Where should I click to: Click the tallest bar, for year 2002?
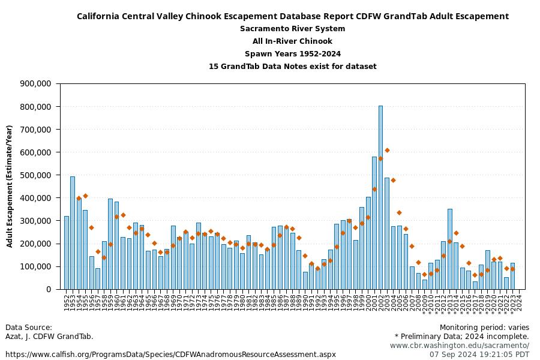pos(380,198)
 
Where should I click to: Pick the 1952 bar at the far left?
pos(67,253)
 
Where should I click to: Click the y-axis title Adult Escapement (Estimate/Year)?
pos(10,186)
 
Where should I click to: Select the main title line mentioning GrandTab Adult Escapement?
pos(292,16)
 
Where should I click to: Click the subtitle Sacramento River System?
pos(292,29)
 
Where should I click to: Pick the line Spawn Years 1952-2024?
pos(292,54)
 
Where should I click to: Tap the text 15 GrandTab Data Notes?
pos(292,67)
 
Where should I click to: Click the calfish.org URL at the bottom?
pos(170,355)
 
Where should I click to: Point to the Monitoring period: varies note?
pos(484,328)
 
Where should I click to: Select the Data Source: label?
pos(29,328)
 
